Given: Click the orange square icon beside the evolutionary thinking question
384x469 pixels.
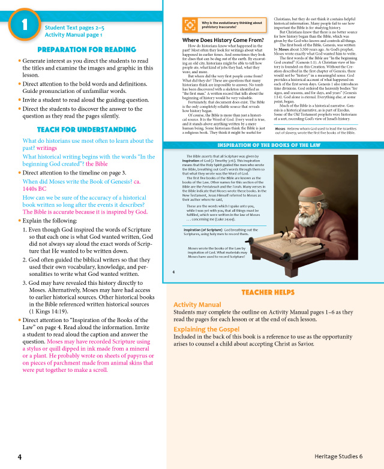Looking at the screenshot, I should pyautogui.click(x=189, y=25).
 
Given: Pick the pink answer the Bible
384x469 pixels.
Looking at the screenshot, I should pyautogui.click(x=97, y=164).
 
